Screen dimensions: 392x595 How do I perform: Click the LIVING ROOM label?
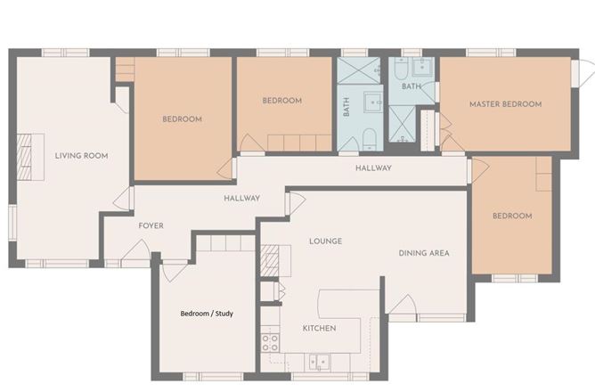click(x=81, y=156)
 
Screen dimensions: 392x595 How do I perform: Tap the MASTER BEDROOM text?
click(x=505, y=104)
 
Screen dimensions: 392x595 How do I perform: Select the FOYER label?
click(x=151, y=225)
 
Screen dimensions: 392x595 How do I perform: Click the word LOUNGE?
click(x=325, y=241)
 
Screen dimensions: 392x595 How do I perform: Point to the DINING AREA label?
click(x=423, y=253)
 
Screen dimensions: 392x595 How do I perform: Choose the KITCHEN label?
click(x=319, y=329)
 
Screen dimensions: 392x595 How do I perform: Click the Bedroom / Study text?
click(x=207, y=314)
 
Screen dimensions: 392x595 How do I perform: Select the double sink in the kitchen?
click(x=319, y=362)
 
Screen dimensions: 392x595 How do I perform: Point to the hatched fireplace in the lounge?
click(x=270, y=260)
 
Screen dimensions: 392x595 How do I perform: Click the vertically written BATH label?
click(x=346, y=107)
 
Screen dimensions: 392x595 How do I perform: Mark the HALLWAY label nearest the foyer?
click(x=241, y=199)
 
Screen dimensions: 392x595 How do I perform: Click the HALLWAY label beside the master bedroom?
click(x=373, y=168)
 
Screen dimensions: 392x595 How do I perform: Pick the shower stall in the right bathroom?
click(x=403, y=123)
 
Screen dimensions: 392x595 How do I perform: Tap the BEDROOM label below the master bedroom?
click(x=512, y=216)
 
